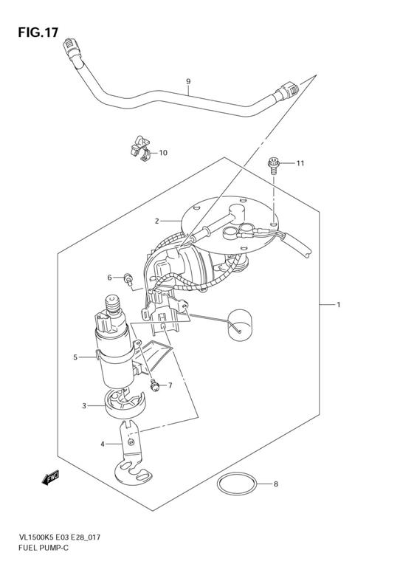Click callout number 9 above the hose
click(x=188, y=81)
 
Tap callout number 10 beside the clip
click(x=163, y=153)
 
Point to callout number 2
click(x=157, y=221)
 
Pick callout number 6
click(x=109, y=278)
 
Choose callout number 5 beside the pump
click(x=75, y=357)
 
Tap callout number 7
click(x=169, y=385)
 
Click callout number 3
click(x=84, y=405)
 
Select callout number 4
click(x=103, y=444)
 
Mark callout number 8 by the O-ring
click(x=276, y=484)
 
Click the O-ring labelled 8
click(x=237, y=485)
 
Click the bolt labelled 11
click(x=274, y=164)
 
